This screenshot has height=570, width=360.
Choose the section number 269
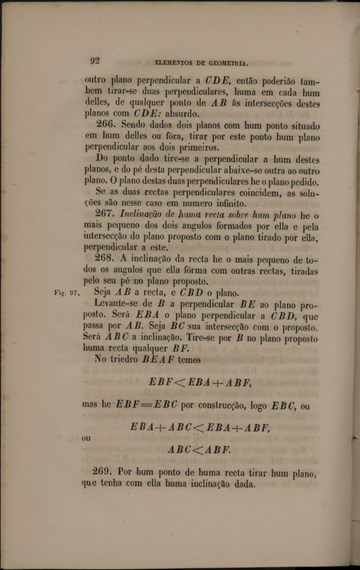pos(104,471)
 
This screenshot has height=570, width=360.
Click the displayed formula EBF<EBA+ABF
pos(200,382)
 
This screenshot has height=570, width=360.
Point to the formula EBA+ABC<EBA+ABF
pos(200,427)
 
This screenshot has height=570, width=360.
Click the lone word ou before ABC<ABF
pos(86,437)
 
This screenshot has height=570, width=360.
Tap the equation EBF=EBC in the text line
pos(144,405)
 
